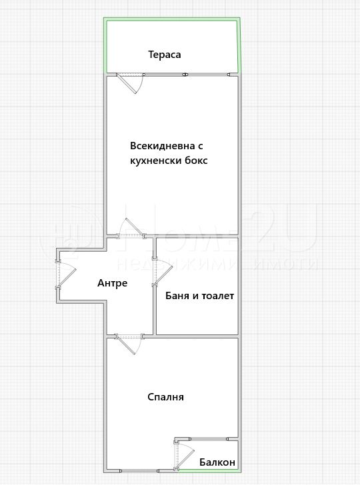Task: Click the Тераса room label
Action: point(165,55)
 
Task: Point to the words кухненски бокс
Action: point(169,161)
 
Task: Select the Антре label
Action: point(113,283)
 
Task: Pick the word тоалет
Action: point(217,296)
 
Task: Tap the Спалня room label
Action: point(165,397)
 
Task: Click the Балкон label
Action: point(217,462)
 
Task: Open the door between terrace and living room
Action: point(130,83)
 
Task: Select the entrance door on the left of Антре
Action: point(65,274)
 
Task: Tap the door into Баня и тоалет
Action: point(162,271)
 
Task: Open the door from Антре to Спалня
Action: point(129,344)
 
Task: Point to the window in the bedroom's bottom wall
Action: point(139,471)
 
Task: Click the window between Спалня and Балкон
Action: point(209,438)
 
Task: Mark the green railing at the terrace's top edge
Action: point(171,19)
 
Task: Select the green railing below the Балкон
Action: point(209,471)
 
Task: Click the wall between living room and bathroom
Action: point(197,236)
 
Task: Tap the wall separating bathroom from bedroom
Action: point(197,335)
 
